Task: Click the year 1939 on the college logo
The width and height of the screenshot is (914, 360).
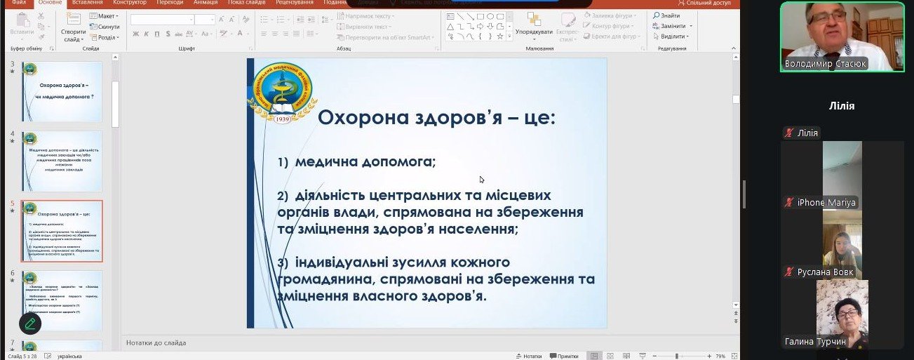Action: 283,119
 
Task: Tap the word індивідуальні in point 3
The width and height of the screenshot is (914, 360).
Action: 343,262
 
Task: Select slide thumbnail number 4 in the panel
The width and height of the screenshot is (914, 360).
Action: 62,161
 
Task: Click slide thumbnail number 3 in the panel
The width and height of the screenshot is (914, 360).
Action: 62,91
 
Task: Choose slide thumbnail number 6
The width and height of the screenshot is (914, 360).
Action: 62,300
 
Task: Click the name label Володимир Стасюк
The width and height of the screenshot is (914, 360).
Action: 826,64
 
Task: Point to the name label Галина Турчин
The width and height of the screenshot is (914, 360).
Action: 815,341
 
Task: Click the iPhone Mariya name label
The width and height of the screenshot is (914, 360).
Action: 821,202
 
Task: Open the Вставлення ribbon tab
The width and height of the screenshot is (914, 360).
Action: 86,3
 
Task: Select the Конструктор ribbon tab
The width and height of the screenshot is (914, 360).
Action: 130,3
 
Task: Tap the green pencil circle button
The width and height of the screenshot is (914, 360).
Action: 29,323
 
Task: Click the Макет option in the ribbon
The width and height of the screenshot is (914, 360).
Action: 105,15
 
